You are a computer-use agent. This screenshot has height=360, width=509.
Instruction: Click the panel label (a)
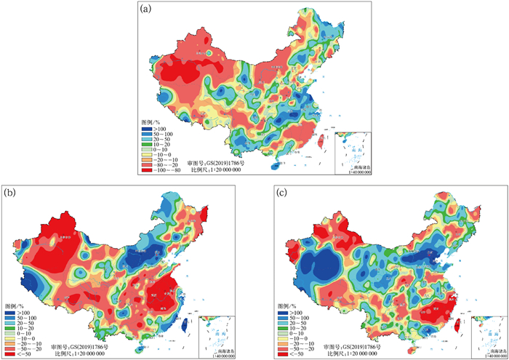point(145,9)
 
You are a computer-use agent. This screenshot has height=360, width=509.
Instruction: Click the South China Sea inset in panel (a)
point(353,154)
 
